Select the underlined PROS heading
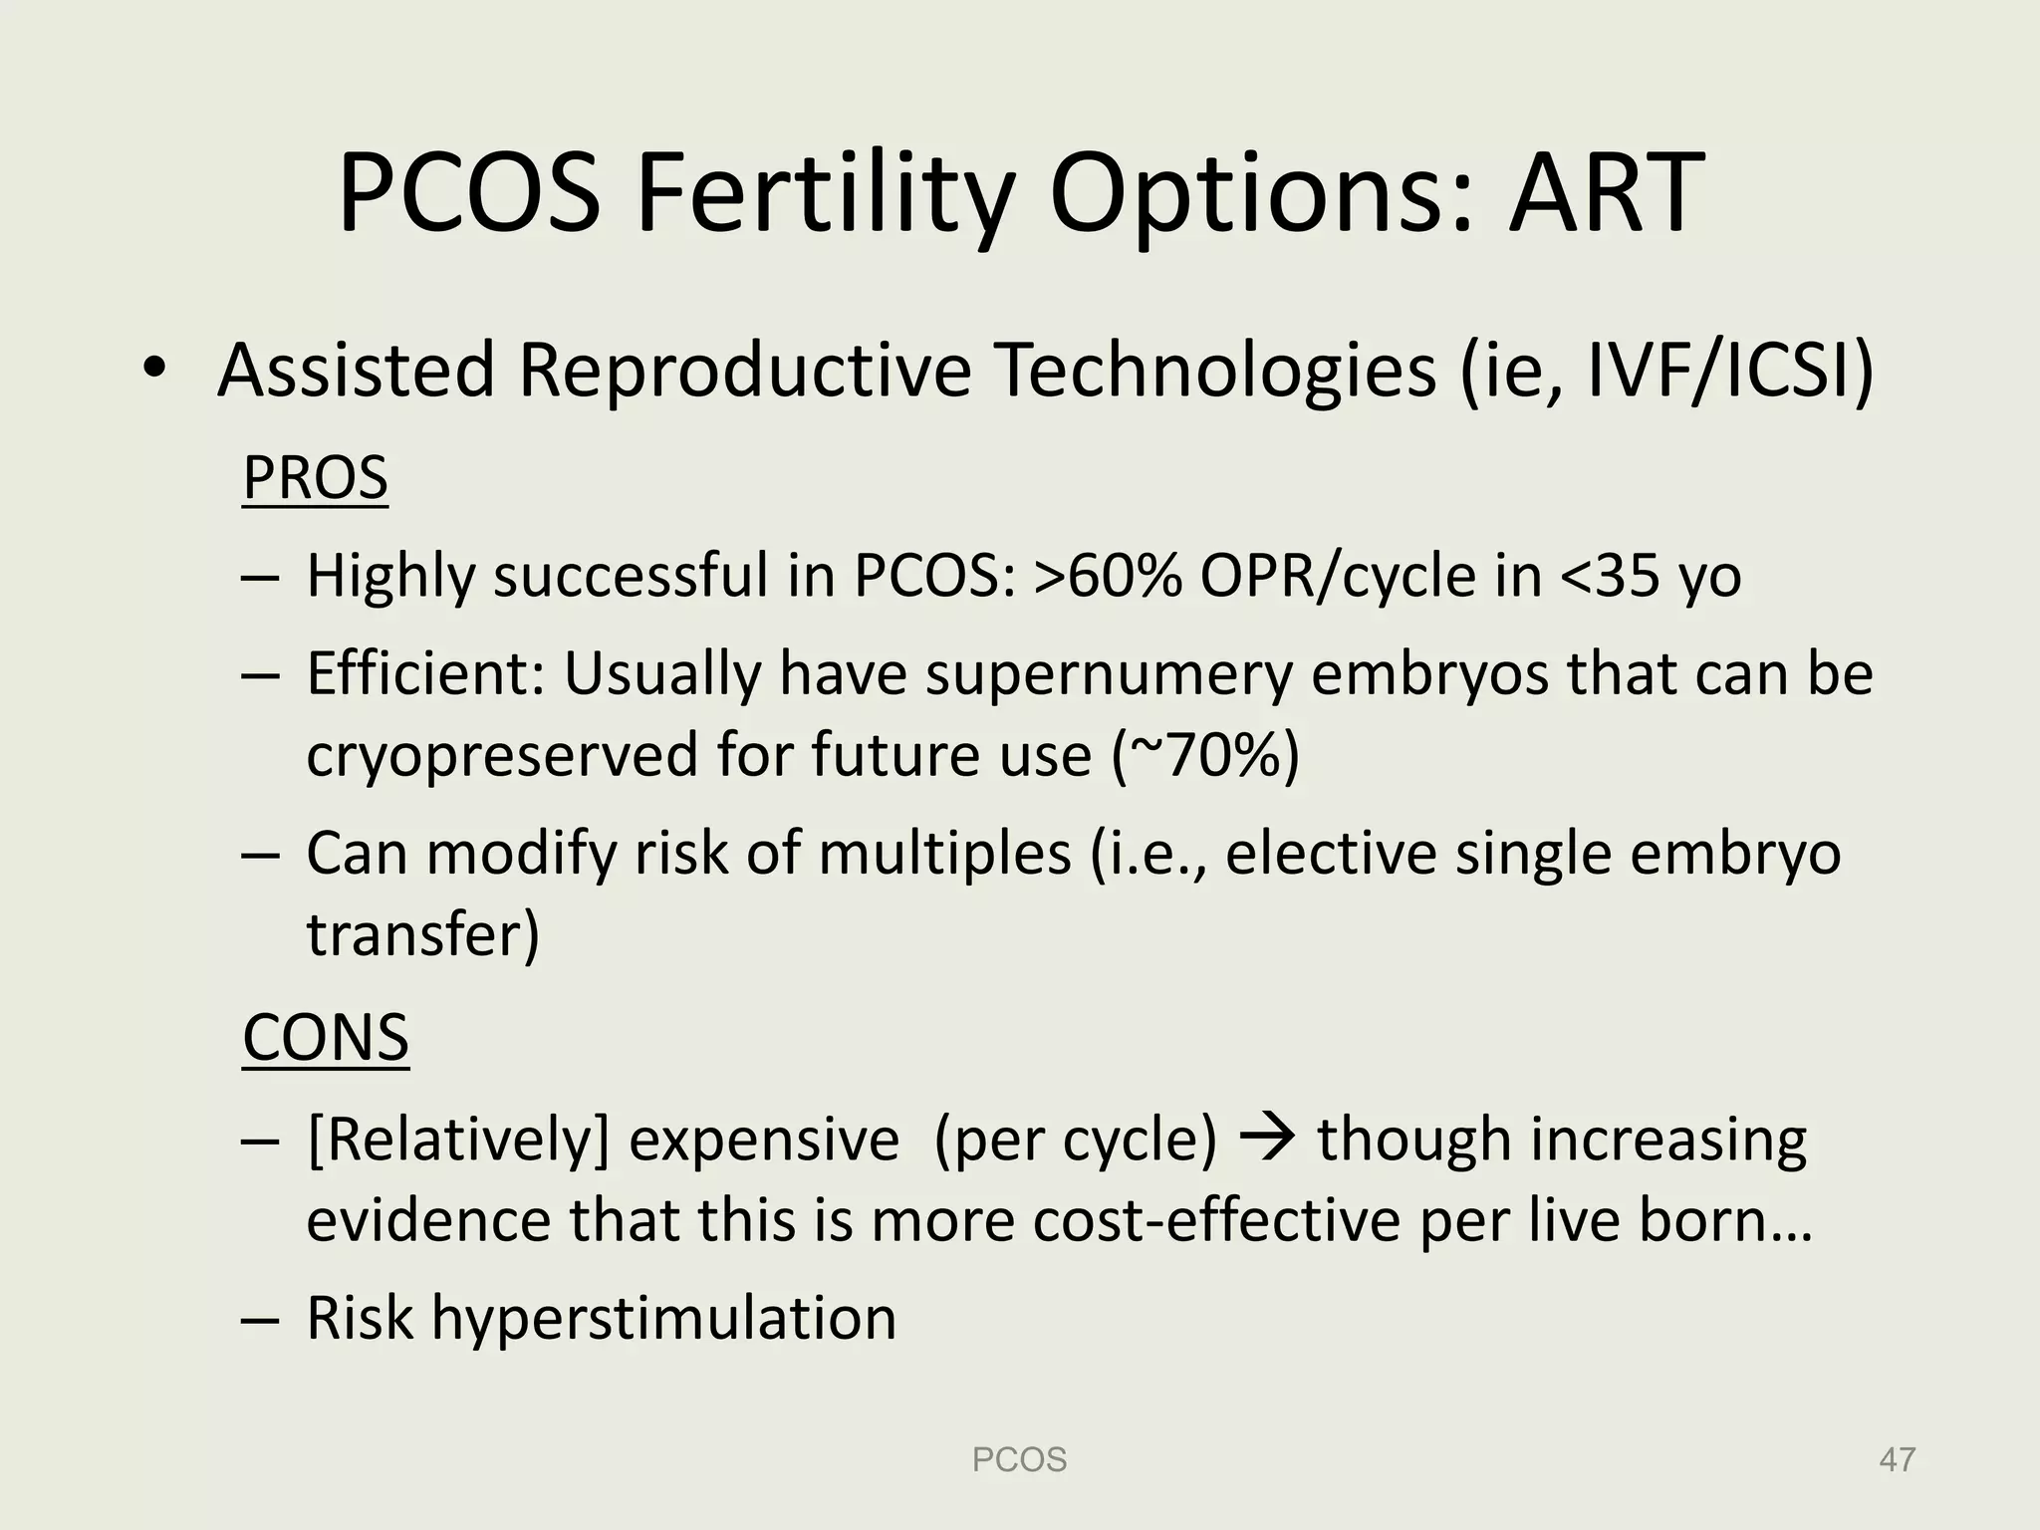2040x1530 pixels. [x=315, y=477]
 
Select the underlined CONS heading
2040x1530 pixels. [x=326, y=1037]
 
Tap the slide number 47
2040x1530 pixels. [x=1897, y=1460]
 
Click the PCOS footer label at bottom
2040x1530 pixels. [x=1019, y=1460]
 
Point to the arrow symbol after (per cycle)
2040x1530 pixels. [x=1266, y=1138]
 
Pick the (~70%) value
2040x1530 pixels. [x=1205, y=754]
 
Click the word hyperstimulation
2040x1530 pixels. [x=663, y=1317]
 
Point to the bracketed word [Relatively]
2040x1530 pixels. [x=457, y=1138]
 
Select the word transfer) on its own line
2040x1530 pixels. [x=422, y=933]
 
